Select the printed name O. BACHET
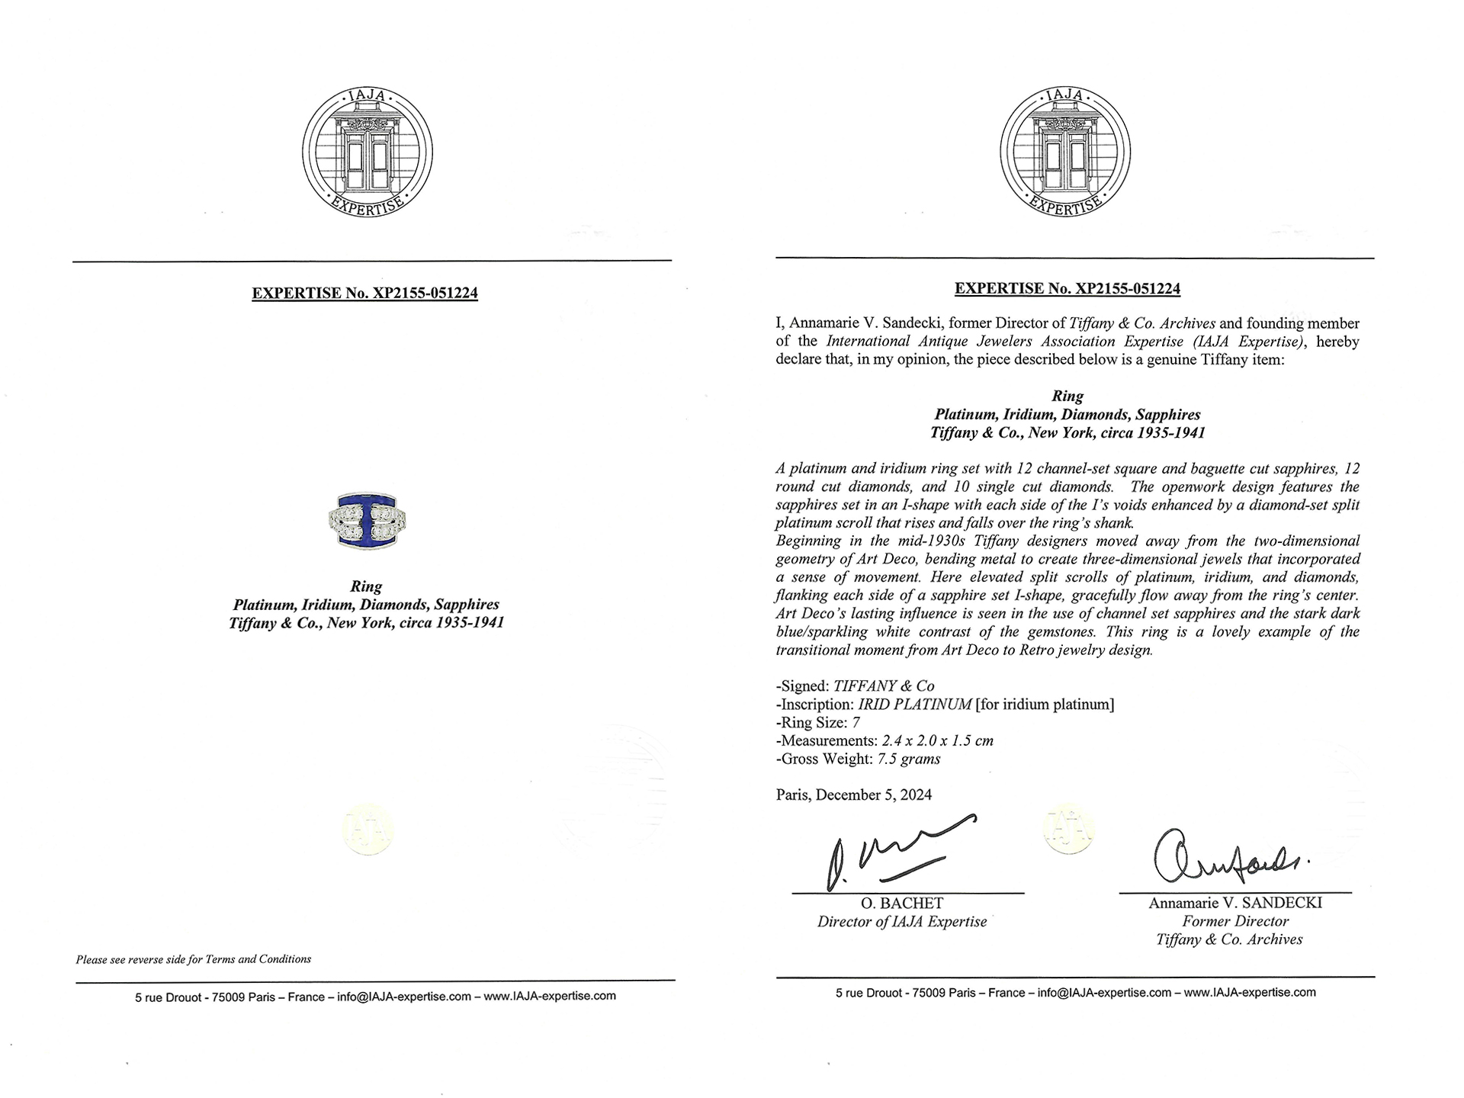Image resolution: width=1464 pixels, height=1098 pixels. [x=901, y=904]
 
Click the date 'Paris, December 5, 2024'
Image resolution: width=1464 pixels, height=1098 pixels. [x=853, y=795]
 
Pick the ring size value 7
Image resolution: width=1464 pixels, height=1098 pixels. [x=856, y=722]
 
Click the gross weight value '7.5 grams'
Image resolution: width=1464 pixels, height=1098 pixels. [x=909, y=759]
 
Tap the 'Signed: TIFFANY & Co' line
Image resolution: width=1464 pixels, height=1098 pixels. [x=855, y=685]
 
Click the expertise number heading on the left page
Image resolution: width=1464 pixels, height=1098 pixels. [x=364, y=293]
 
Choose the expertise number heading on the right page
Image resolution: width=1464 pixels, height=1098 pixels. [x=1067, y=288]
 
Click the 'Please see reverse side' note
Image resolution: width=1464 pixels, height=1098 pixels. [x=193, y=959]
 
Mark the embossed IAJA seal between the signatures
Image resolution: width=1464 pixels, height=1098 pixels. [x=1067, y=829]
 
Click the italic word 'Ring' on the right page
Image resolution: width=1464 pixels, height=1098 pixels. [x=1067, y=396]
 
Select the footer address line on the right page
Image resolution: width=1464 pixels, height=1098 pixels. [x=1075, y=992]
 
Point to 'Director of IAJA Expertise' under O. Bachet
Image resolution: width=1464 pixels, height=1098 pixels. [x=901, y=922]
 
